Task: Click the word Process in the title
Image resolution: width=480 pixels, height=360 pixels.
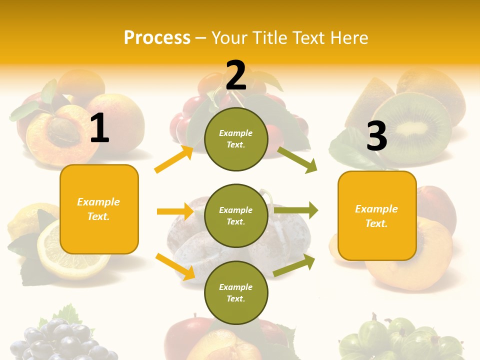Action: (157, 38)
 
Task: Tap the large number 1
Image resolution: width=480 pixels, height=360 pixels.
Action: (99, 128)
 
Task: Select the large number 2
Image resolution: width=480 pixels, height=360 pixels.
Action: (236, 75)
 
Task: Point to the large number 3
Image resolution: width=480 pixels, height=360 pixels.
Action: (376, 136)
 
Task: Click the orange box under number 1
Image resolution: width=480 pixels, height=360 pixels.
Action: (99, 209)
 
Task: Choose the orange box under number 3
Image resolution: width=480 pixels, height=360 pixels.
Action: (377, 215)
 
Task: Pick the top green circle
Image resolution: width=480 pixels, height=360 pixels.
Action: (236, 139)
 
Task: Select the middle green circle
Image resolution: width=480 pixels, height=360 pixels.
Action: (236, 215)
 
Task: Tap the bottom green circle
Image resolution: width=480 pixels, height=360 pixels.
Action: (236, 292)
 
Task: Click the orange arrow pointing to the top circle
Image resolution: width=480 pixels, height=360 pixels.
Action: (174, 159)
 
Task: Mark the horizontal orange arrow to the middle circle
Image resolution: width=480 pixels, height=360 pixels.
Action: (175, 211)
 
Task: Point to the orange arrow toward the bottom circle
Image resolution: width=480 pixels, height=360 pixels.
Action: (175, 266)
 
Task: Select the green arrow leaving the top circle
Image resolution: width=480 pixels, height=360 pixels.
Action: (297, 159)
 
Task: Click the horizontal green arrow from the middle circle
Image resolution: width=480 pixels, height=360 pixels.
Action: (296, 210)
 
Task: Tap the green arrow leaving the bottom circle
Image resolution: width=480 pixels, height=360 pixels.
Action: (294, 265)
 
